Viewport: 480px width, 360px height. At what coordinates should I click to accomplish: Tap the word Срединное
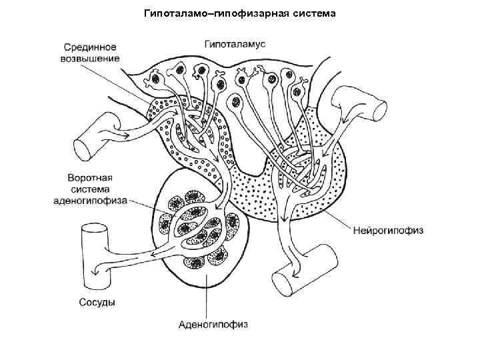pos(91,47)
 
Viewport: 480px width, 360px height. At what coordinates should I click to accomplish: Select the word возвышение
pos(92,58)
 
